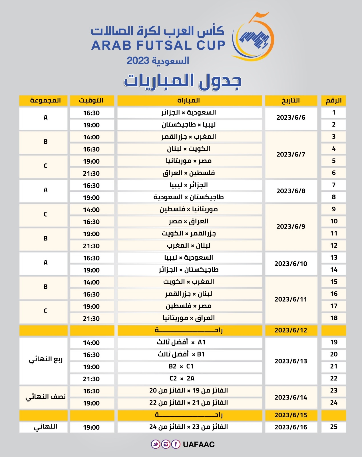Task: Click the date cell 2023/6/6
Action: click(291, 118)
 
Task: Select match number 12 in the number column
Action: click(334, 246)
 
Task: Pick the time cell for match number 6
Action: click(92, 173)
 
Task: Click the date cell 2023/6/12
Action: click(291, 330)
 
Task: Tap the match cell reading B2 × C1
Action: click(190, 366)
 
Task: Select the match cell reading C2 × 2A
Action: click(190, 378)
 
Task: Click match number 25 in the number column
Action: click(334, 427)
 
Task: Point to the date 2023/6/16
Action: click(291, 427)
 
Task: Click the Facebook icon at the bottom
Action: click(176, 444)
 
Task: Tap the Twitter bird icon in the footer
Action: click(156, 444)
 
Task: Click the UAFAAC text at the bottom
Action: click(199, 444)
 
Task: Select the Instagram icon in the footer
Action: click(166, 444)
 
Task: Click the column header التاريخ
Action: click(291, 101)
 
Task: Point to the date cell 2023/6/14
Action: click(291, 397)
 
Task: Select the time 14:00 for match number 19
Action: click(92, 343)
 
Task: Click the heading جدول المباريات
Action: click(183, 81)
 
